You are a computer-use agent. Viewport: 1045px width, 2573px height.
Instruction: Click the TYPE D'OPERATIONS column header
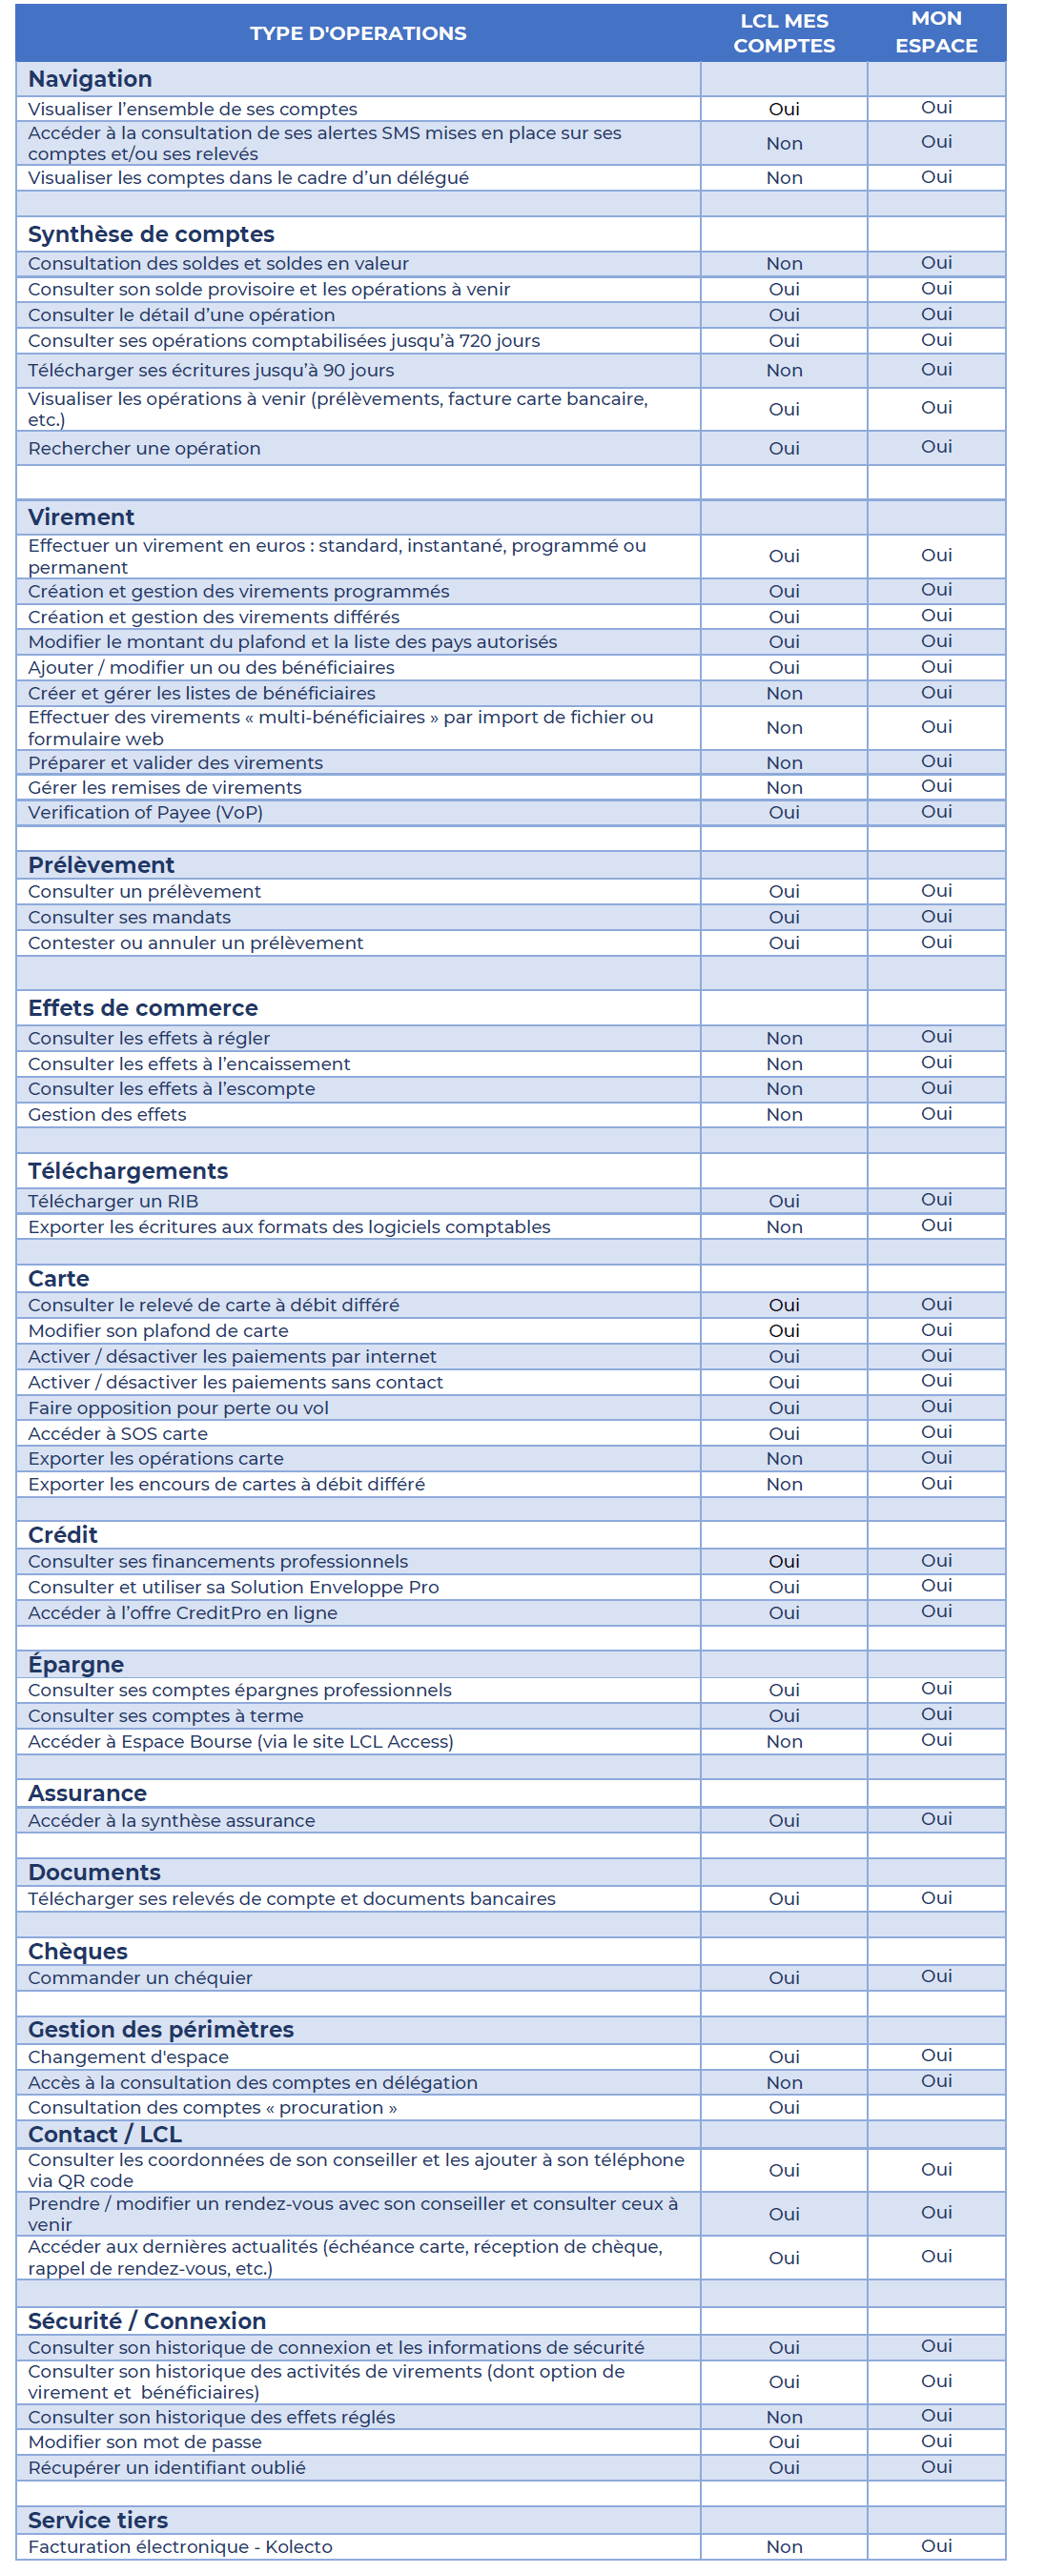358,33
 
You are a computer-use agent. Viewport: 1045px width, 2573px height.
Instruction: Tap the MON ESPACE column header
935,32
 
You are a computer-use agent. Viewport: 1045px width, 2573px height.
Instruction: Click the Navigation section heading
90,79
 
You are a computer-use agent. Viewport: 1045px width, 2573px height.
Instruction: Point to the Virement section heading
81,517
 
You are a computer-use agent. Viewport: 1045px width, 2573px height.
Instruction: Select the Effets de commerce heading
143,1008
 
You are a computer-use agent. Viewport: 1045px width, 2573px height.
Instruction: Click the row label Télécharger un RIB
113,1201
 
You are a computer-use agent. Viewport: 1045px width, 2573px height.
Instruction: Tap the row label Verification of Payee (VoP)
145,812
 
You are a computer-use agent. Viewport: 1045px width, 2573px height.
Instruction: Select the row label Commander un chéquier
140,1977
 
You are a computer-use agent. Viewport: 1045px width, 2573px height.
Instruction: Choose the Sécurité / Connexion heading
147,2320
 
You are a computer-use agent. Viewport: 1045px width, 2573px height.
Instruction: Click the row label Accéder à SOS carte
118,1433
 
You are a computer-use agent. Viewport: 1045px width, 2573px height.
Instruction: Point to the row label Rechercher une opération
144,449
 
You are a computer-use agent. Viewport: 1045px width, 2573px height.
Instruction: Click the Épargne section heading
76,1664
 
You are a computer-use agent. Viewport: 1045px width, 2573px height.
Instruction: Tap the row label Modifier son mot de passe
145,2442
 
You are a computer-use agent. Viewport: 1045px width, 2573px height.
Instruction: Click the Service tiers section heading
98,2520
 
